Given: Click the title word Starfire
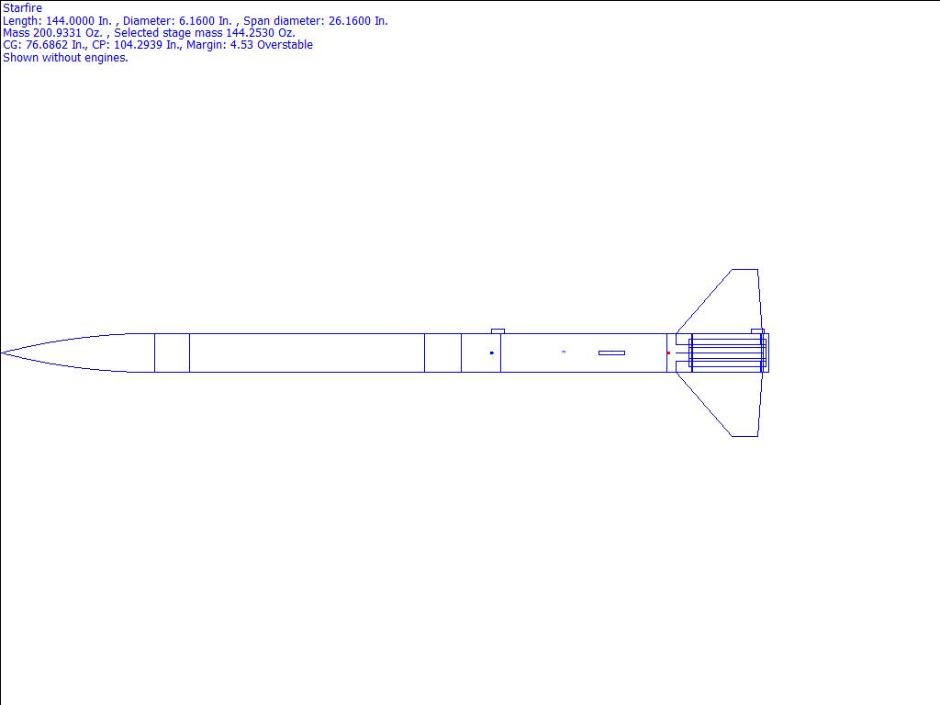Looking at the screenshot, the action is point(22,8).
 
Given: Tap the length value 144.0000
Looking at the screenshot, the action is point(70,21).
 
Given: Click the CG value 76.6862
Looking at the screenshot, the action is point(47,45).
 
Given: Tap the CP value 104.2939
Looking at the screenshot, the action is point(138,45).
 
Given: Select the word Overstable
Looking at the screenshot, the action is point(285,45).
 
